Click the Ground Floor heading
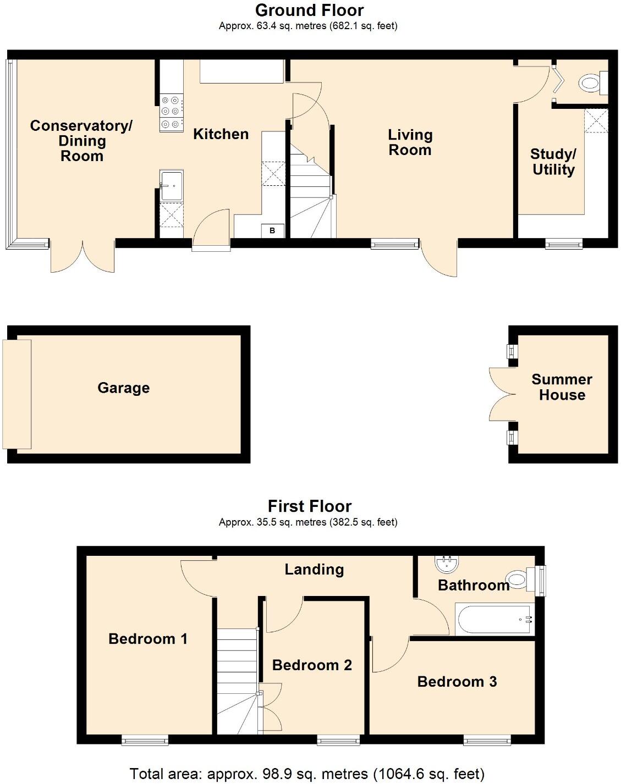coord(309,10)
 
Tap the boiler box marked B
coord(272,231)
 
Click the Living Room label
coord(410,142)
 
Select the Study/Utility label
coord(553,162)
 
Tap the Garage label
coord(123,388)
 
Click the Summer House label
coord(562,387)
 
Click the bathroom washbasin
coord(446,564)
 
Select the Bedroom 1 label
coord(148,639)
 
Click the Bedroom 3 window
coord(486,741)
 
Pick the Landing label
coord(314,570)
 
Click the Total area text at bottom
coord(307,774)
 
